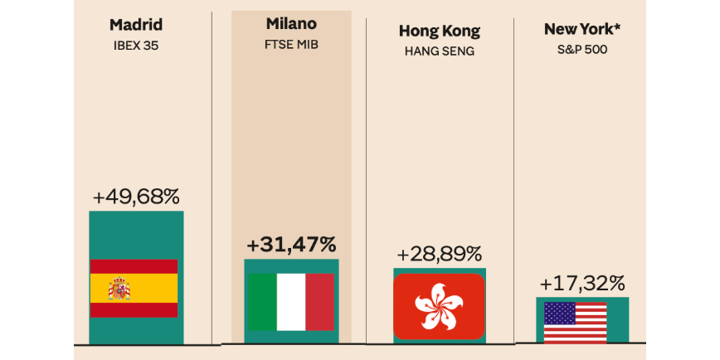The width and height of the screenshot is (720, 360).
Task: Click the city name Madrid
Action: (135, 25)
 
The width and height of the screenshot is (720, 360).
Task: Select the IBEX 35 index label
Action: (135, 46)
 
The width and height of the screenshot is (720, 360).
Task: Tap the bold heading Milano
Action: (291, 23)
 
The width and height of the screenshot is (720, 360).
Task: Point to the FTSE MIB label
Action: (291, 45)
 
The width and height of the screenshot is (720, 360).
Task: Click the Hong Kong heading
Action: (439, 32)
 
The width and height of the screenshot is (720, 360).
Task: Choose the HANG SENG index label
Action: (439, 51)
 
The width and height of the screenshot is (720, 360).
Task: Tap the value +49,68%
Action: (136, 197)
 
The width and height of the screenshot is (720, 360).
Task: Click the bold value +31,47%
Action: (291, 246)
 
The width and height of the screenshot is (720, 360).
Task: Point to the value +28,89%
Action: (439, 254)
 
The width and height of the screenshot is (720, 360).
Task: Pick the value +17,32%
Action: (581, 284)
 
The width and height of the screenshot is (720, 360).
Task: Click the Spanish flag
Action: (134, 289)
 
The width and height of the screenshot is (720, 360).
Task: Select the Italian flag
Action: (291, 302)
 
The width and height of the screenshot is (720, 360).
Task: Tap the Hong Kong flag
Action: (438, 306)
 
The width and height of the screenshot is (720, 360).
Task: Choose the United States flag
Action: (575, 322)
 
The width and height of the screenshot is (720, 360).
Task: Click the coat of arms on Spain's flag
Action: (119, 289)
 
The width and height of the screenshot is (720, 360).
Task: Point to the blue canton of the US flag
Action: (558, 313)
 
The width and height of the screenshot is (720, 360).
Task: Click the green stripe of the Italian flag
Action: (262, 302)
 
